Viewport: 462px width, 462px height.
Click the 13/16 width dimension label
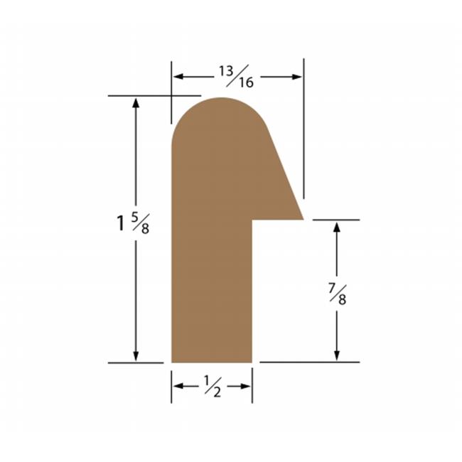tap(236, 77)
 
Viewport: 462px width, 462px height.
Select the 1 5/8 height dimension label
tap(133, 223)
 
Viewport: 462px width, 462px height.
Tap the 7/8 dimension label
tap(338, 294)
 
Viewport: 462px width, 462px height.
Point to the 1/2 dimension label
tap(212, 386)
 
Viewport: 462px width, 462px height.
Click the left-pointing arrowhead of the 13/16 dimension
tap(178, 77)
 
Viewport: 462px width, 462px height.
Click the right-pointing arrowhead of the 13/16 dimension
tap(297, 77)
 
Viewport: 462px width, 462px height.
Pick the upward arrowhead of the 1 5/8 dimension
tap(136, 103)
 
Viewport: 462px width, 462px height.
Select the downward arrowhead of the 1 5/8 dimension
tap(136, 356)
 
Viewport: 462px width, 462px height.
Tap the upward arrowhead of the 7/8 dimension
tap(337, 227)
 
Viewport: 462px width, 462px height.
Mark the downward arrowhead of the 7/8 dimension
tap(337, 355)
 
